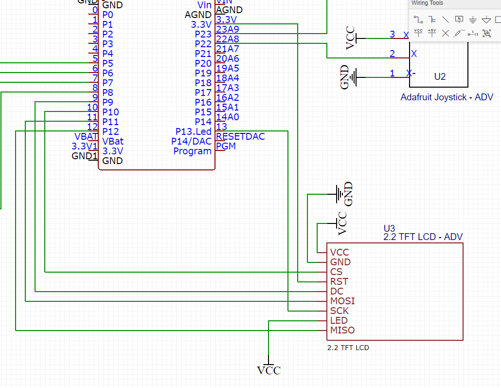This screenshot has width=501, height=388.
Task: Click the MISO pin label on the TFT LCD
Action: (x=342, y=330)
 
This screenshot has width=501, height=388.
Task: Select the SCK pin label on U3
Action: (x=340, y=311)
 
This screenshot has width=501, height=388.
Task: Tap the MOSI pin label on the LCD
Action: (x=342, y=301)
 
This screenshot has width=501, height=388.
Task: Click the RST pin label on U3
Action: (x=339, y=281)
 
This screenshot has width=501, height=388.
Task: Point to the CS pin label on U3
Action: (x=336, y=272)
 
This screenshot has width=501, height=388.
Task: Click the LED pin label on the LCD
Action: (x=339, y=320)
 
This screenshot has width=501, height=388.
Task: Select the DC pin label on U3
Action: (x=337, y=291)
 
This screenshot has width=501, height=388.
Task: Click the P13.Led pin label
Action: (x=194, y=132)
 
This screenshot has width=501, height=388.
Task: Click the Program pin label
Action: (x=193, y=151)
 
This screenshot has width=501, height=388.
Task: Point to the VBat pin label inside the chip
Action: (x=113, y=141)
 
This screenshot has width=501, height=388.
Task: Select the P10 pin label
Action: (x=110, y=112)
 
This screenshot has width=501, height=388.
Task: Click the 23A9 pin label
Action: (x=228, y=29)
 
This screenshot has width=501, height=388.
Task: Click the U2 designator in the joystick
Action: (x=440, y=76)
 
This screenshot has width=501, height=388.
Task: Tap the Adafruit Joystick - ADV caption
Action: (x=447, y=97)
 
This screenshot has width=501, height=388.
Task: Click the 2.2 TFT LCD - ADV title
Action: (x=423, y=237)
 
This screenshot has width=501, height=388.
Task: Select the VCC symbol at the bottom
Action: (x=269, y=370)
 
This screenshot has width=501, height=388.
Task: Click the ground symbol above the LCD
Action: (x=338, y=194)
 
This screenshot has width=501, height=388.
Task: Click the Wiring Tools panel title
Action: (x=428, y=3)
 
